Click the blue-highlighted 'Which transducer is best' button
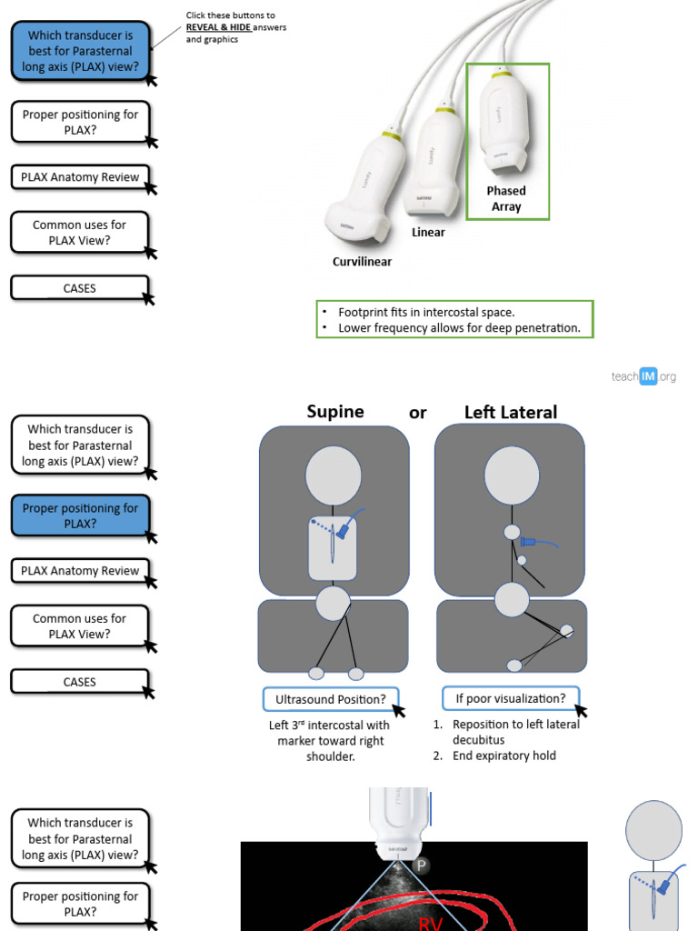tap(80, 51)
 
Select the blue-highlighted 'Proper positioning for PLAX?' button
tap(80, 516)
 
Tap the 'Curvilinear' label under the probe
tap(362, 262)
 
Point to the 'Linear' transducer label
tap(428, 232)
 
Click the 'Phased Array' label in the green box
tap(506, 198)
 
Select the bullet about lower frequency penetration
tap(458, 328)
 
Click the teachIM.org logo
tap(643, 376)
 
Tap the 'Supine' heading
tap(335, 412)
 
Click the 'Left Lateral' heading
tap(511, 412)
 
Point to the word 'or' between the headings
tap(417, 413)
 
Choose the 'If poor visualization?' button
tap(510, 698)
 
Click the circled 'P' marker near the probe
tap(420, 866)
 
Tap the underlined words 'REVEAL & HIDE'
tap(218, 27)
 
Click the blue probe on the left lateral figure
tap(529, 542)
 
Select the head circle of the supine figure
tap(334, 476)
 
